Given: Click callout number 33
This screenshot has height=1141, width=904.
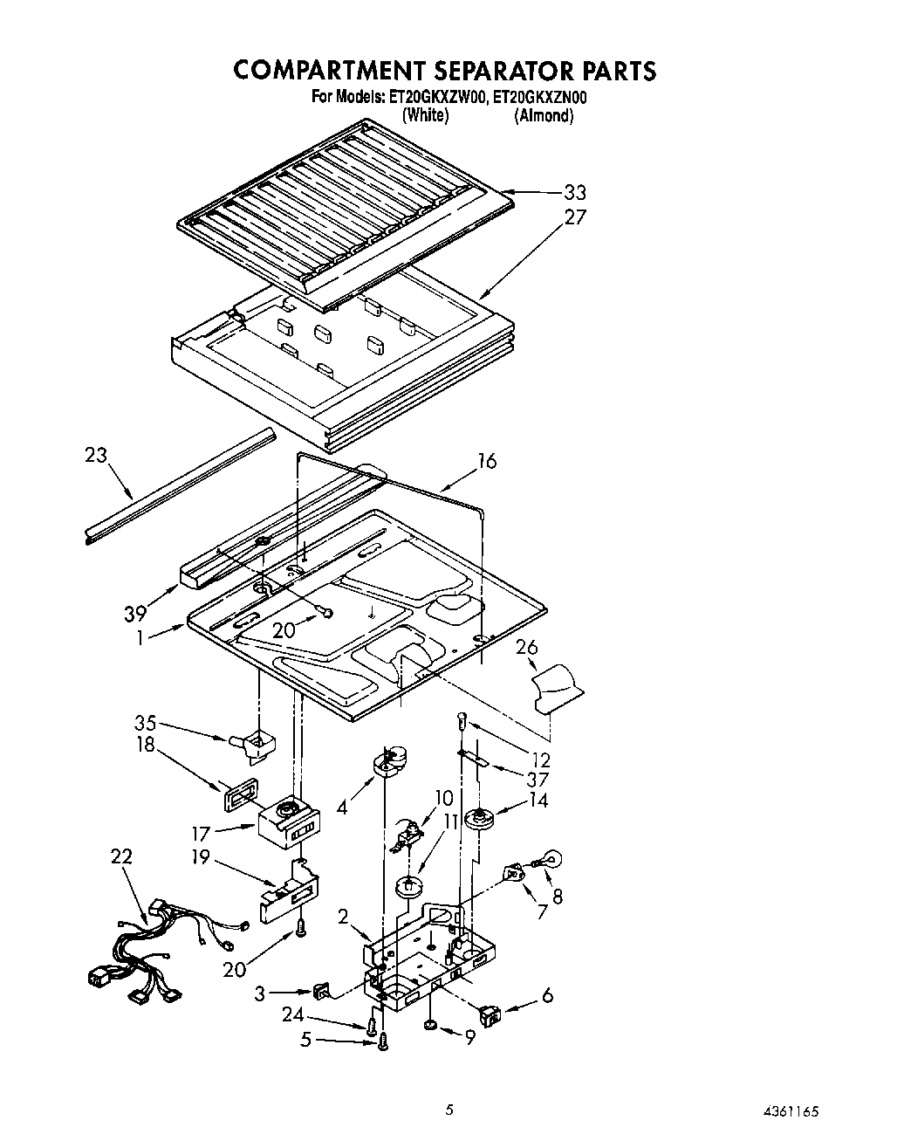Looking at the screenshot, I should [574, 193].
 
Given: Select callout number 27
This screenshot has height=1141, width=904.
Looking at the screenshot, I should [574, 217].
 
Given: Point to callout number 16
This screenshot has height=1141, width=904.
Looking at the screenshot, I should [486, 461].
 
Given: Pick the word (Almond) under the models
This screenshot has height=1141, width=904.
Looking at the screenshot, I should [543, 115].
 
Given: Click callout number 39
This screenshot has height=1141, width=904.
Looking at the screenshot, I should [134, 613].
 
